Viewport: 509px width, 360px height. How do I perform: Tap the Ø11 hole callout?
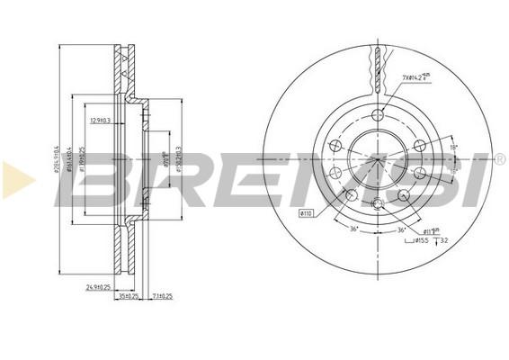(x=432, y=231)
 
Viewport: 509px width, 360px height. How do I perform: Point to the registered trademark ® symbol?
(x=499, y=160)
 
